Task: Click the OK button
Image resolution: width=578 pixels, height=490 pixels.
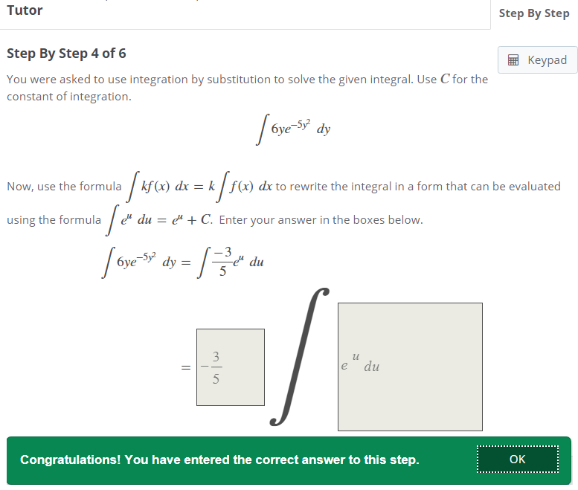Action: point(518,459)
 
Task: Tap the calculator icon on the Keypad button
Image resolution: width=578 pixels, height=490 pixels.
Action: point(513,59)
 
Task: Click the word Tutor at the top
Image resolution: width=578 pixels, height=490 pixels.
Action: point(25,10)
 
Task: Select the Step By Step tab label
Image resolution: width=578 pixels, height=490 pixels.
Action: point(534,13)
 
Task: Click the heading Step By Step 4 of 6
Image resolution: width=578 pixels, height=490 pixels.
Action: point(66,54)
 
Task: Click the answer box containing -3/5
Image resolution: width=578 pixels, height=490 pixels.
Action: point(231,367)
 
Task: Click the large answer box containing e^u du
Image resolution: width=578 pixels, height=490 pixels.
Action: point(410,367)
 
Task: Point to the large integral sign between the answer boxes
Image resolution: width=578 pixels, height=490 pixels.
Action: point(300,356)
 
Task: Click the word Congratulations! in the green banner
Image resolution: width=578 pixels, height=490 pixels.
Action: point(70,460)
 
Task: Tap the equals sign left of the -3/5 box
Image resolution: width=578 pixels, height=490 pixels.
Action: point(186,367)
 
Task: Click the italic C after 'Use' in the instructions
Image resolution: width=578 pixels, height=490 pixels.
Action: point(445,79)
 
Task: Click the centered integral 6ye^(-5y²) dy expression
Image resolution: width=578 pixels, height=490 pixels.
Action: point(293,129)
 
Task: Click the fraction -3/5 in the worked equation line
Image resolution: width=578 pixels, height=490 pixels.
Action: point(222,262)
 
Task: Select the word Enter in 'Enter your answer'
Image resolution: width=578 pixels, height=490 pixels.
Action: point(232,220)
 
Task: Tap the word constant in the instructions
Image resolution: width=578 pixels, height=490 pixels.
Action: point(30,97)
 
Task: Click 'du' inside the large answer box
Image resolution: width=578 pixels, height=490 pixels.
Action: point(372,367)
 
